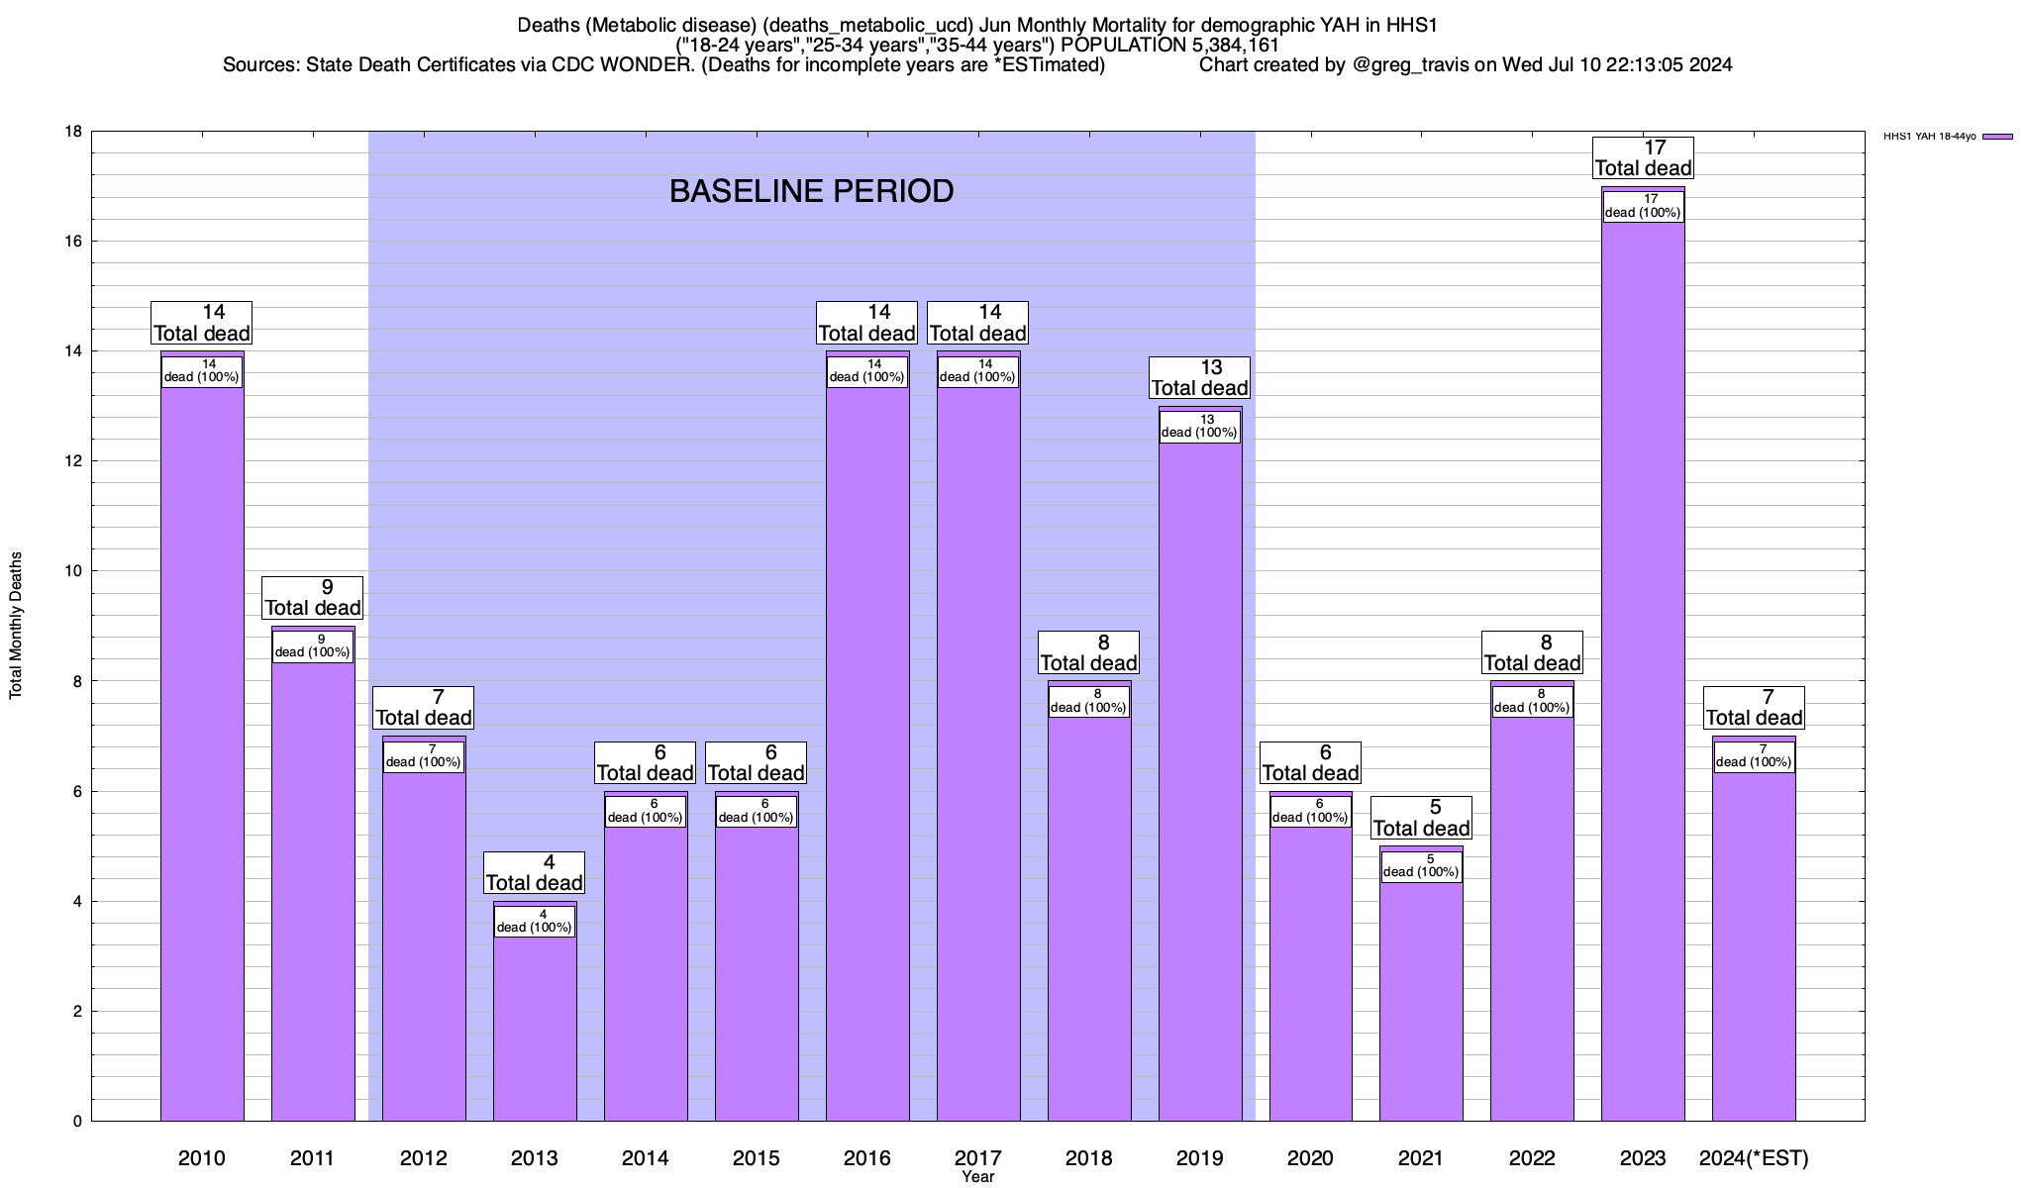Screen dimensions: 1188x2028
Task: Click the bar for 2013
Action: [x=535, y=1030]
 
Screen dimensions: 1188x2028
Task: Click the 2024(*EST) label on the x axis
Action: [x=1754, y=1158]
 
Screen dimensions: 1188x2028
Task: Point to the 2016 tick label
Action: [x=867, y=1158]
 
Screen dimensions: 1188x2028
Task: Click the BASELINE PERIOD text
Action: [x=812, y=191]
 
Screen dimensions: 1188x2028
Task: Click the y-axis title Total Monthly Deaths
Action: [x=16, y=626]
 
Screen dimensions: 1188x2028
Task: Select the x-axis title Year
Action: [x=977, y=1177]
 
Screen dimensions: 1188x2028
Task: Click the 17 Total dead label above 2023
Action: [x=1643, y=158]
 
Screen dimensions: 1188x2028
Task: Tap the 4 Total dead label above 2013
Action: [x=535, y=872]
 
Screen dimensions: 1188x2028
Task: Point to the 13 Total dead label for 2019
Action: [x=1200, y=378]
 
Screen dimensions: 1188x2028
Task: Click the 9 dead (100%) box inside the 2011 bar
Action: [x=312, y=646]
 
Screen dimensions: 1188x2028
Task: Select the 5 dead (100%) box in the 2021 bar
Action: [x=1421, y=866]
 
